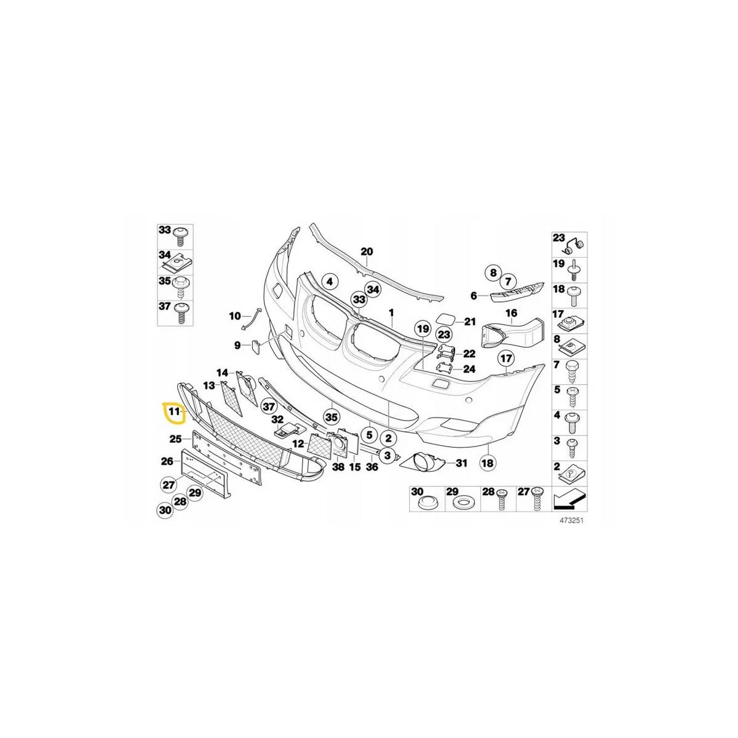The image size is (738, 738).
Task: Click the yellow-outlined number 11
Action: (174, 411)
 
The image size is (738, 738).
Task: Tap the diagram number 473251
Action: (574, 521)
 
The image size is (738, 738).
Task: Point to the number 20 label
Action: (367, 252)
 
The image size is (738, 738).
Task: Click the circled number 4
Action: (330, 282)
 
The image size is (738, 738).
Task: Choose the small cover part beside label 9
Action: (255, 346)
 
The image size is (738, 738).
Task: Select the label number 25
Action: (175, 439)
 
